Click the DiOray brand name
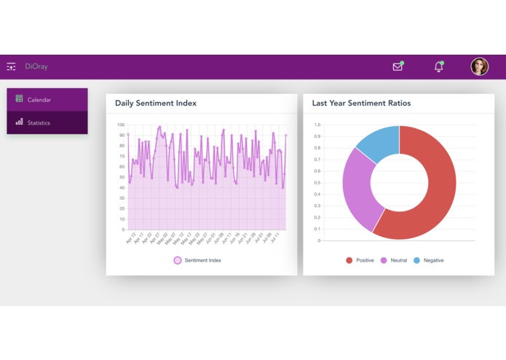tap(36, 66)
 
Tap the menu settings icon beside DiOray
tap(11, 66)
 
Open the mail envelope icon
tap(398, 66)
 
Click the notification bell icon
tap(438, 66)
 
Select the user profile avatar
tap(479, 66)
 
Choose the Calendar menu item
tap(39, 99)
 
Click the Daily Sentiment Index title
tap(155, 103)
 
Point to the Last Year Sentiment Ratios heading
tap(361, 103)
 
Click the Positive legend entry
tap(360, 260)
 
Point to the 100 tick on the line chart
tap(121, 125)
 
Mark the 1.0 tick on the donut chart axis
tap(317, 125)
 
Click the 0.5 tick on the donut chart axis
tap(317, 183)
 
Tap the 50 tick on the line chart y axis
tap(122, 177)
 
